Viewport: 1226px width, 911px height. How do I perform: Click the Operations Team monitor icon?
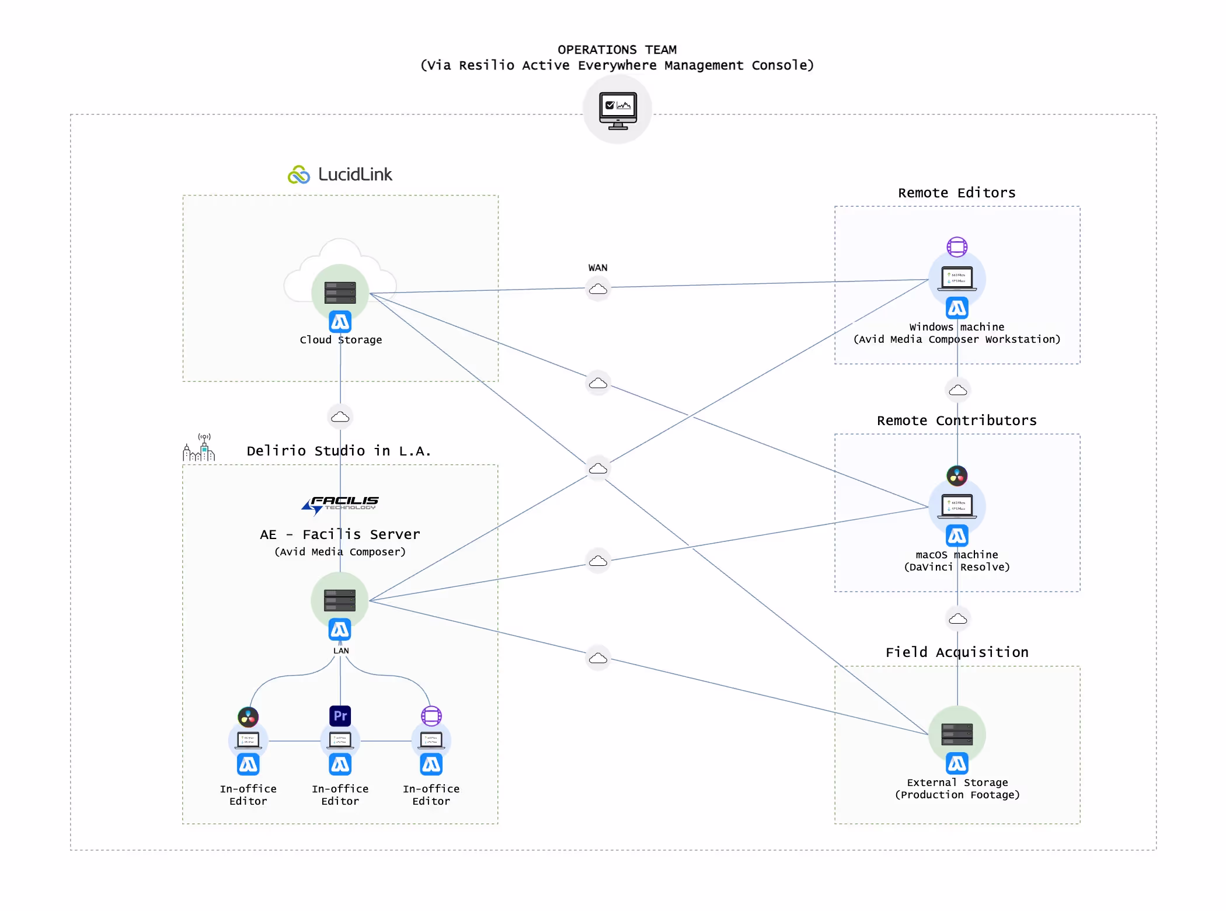point(618,110)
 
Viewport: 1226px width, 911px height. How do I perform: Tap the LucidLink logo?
point(340,175)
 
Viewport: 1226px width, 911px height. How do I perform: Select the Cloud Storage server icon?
point(340,292)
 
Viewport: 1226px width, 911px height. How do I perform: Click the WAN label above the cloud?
point(597,268)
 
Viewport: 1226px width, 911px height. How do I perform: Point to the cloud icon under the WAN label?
point(597,289)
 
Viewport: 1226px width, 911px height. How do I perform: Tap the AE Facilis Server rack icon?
point(340,600)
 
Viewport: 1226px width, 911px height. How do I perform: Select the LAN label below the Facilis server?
point(341,651)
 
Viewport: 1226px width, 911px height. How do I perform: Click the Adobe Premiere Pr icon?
point(340,716)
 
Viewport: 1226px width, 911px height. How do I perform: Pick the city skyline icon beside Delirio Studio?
point(199,448)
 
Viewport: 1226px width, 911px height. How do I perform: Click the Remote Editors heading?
point(956,193)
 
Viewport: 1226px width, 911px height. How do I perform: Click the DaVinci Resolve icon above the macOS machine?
point(957,476)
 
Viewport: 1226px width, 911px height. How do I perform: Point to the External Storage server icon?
point(957,734)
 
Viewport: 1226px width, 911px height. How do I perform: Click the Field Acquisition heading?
point(957,652)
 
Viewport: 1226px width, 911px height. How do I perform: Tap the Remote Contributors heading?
point(956,421)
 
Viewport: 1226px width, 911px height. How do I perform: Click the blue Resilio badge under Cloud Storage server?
point(340,322)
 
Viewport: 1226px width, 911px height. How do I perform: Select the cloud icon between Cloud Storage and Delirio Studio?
point(340,417)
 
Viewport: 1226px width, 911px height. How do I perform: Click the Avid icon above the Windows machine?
point(957,247)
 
